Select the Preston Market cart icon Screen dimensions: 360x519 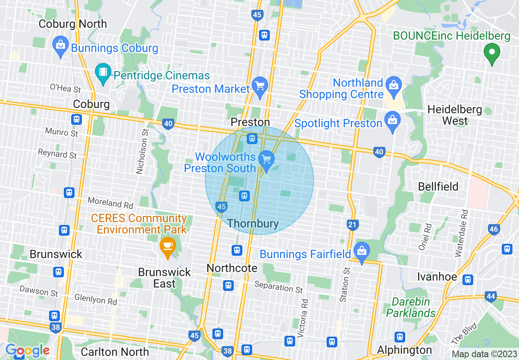point(259,85)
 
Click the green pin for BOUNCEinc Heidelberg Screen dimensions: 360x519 point(492,53)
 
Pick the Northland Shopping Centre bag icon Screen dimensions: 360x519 point(394,85)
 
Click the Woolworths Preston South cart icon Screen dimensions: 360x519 point(266,158)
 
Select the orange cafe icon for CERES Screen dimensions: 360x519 point(167,247)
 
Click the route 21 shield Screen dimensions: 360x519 point(352,224)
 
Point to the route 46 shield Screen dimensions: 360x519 point(494,229)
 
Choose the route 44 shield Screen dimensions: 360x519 point(490,296)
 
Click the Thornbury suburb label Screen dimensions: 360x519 point(253,224)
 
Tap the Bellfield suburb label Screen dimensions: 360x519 point(438,187)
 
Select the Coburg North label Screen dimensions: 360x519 point(72,24)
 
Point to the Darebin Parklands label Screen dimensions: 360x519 point(411,308)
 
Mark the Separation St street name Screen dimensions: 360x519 point(278,287)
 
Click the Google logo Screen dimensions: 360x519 point(27,350)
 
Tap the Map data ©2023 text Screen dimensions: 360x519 point(484,354)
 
